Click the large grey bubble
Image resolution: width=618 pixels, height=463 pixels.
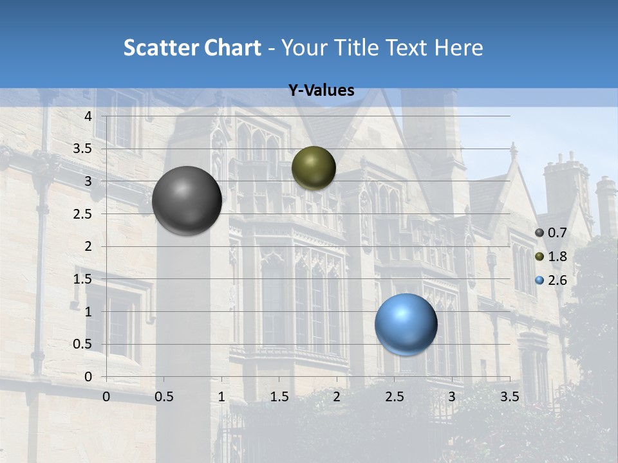pyautogui.click(x=187, y=201)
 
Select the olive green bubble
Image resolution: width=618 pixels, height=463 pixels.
pyautogui.click(x=314, y=168)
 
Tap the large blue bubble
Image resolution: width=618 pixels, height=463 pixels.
pyautogui.click(x=406, y=324)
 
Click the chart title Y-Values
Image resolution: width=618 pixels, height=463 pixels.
pyautogui.click(x=321, y=91)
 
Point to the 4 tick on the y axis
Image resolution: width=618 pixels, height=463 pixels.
pyautogui.click(x=89, y=116)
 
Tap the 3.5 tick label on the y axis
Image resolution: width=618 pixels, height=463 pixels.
pyautogui.click(x=83, y=149)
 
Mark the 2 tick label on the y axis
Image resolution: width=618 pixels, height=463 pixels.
pyautogui.click(x=89, y=246)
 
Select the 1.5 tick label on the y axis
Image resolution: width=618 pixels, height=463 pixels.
pyautogui.click(x=83, y=279)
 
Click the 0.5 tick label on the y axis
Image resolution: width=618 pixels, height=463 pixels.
pyautogui.click(x=83, y=344)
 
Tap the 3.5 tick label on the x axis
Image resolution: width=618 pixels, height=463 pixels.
pyautogui.click(x=510, y=397)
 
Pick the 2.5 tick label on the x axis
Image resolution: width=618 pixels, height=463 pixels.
pyautogui.click(x=395, y=397)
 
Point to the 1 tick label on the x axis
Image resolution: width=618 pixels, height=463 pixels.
pyautogui.click(x=221, y=397)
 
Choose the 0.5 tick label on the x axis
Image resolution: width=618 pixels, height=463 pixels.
pyautogui.click(x=164, y=397)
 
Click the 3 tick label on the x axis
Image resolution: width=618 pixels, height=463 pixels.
pyautogui.click(x=452, y=397)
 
